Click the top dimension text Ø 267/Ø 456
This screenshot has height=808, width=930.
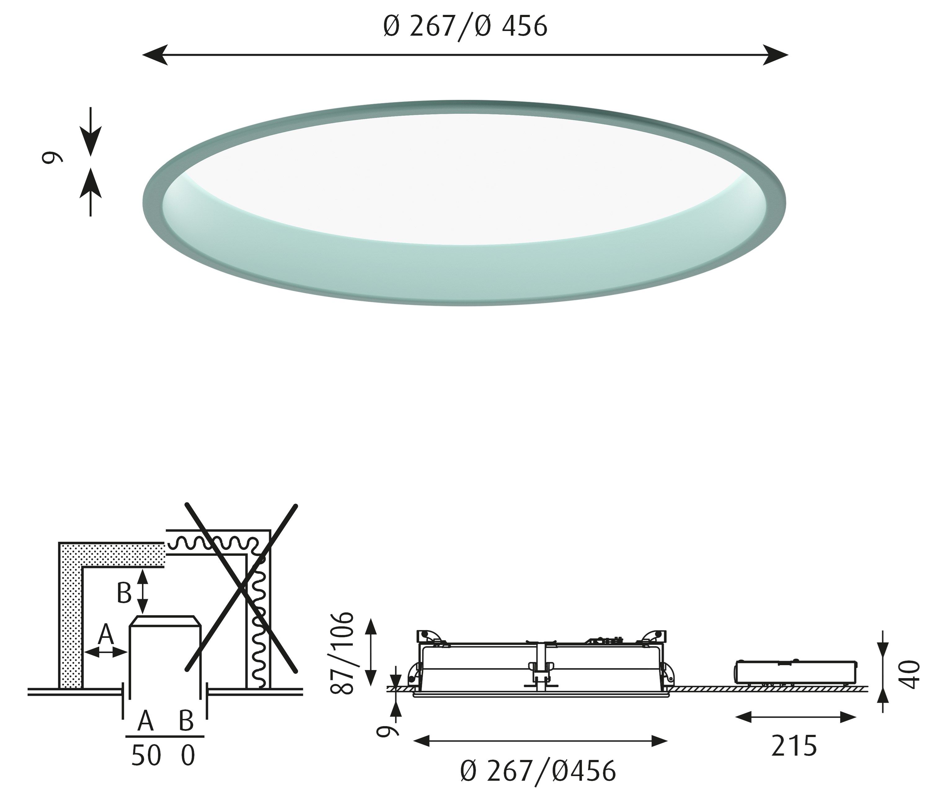pyautogui.click(x=465, y=26)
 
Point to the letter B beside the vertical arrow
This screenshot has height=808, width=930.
pyautogui.click(x=124, y=594)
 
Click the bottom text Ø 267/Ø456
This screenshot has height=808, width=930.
pyautogui.click(x=538, y=771)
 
